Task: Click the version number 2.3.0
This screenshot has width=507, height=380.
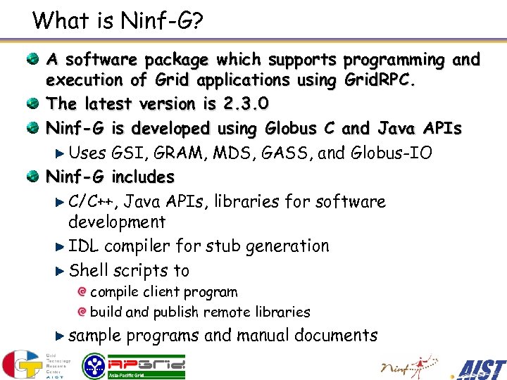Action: [x=245, y=104]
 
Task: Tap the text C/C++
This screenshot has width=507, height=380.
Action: [x=96, y=202]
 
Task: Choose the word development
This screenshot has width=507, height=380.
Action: [x=116, y=222]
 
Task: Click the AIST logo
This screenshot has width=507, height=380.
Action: [x=481, y=367]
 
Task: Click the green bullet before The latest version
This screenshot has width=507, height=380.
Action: [x=33, y=104]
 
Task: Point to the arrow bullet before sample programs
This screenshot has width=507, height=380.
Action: [x=60, y=336]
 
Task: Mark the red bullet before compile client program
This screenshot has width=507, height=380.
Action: [x=82, y=292]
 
